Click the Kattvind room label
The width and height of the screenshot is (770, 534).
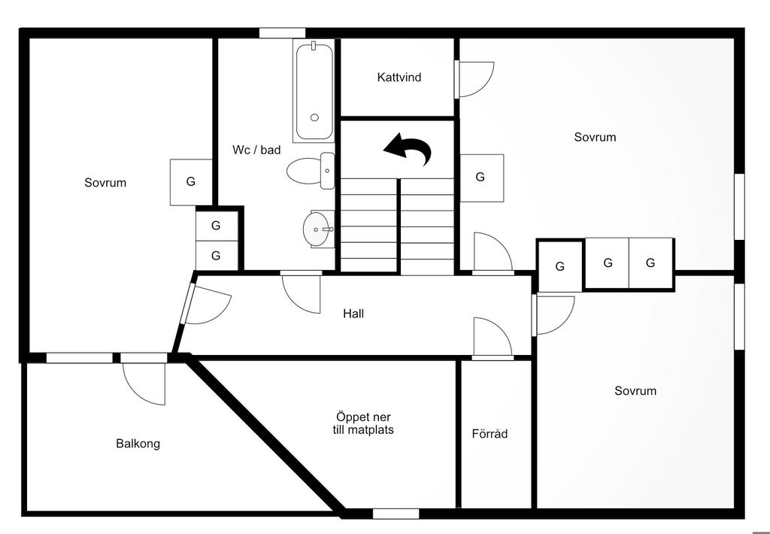click(399, 77)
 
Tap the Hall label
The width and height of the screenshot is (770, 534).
click(353, 314)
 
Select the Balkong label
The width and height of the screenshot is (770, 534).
click(138, 444)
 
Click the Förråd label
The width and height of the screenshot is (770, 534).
click(490, 434)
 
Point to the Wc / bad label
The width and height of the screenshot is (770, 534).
click(256, 150)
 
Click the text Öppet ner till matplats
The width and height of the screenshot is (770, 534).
click(363, 423)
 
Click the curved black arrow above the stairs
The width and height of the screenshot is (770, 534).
click(408, 149)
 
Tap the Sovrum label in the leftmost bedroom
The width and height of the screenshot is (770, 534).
click(105, 183)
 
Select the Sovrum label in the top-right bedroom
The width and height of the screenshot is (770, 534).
click(595, 137)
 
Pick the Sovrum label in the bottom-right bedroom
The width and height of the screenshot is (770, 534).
click(635, 391)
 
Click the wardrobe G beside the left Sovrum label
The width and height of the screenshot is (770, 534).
click(191, 181)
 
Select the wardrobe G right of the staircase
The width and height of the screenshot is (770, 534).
click(480, 177)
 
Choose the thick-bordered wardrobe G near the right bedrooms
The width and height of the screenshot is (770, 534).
click(560, 266)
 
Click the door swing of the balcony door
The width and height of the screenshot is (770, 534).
click(143, 382)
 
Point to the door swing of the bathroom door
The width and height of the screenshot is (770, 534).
click(301, 293)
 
